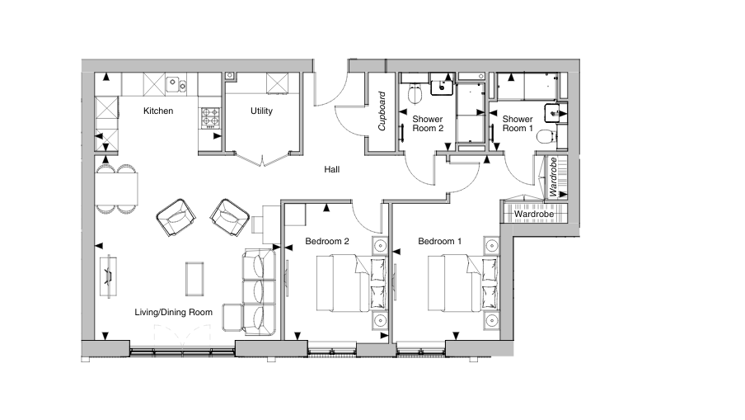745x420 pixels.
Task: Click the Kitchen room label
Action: tap(158, 111)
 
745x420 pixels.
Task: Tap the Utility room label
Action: tap(261, 111)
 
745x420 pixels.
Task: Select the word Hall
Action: tap(332, 169)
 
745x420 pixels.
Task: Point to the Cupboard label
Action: tap(382, 112)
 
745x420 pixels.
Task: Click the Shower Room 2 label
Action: tap(428, 124)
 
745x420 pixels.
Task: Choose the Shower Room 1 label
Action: tap(518, 124)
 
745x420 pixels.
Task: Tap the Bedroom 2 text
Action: tap(327, 242)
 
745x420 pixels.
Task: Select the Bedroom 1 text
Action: tap(439, 242)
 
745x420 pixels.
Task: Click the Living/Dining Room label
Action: tap(174, 312)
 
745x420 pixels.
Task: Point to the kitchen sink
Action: tap(175, 83)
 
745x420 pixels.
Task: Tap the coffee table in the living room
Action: tap(195, 277)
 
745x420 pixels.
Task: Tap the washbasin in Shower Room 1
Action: tap(553, 114)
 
